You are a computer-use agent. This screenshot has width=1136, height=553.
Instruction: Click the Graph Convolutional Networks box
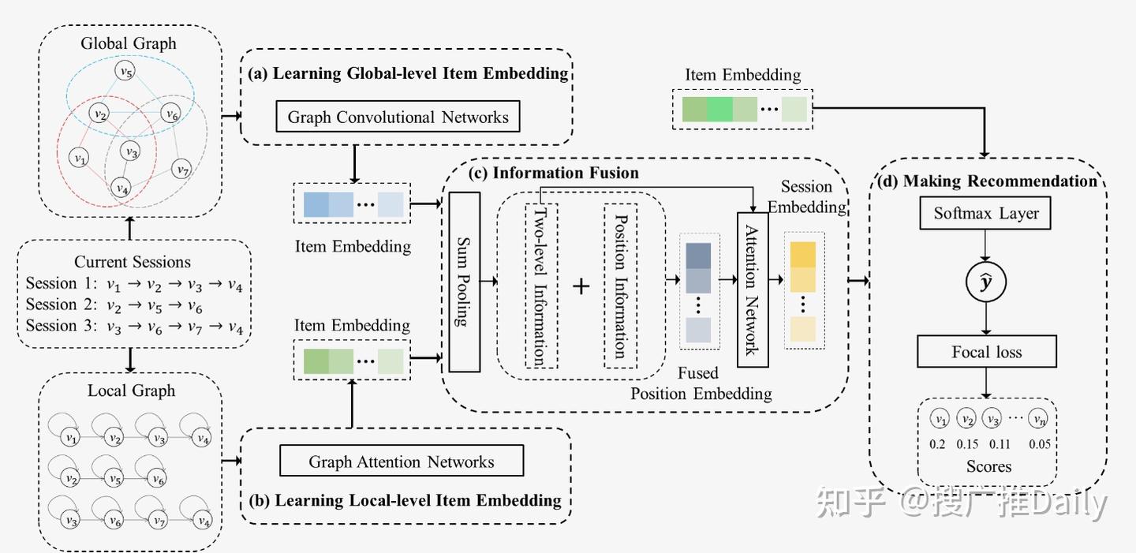tap(398, 117)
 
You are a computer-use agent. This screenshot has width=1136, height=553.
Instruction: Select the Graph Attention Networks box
tap(402, 461)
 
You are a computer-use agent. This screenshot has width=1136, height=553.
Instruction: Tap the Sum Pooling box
tap(465, 282)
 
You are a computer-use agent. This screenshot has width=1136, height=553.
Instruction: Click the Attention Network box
tap(752, 290)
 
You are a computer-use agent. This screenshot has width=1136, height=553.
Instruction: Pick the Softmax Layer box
tap(986, 213)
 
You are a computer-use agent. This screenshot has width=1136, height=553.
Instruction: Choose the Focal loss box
tap(986, 352)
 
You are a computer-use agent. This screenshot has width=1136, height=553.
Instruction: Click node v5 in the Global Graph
tap(125, 72)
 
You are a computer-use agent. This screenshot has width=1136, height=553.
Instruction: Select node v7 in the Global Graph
tap(182, 169)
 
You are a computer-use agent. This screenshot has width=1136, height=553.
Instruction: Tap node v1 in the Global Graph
tap(78, 158)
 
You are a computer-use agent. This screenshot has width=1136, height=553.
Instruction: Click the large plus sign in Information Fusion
tap(581, 286)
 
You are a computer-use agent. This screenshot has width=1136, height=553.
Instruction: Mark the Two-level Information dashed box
tap(541, 286)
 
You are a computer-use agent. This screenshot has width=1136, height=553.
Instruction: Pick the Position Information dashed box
tap(620, 286)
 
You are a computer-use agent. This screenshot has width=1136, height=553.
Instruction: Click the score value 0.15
tap(967, 444)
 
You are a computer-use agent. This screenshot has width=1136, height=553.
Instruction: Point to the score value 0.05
tap(1039, 444)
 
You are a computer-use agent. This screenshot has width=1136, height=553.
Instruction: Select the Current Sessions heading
tap(133, 262)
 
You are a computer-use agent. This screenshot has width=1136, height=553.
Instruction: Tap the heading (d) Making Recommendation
tap(987, 181)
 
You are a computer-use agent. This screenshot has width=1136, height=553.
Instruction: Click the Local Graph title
tap(131, 390)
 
